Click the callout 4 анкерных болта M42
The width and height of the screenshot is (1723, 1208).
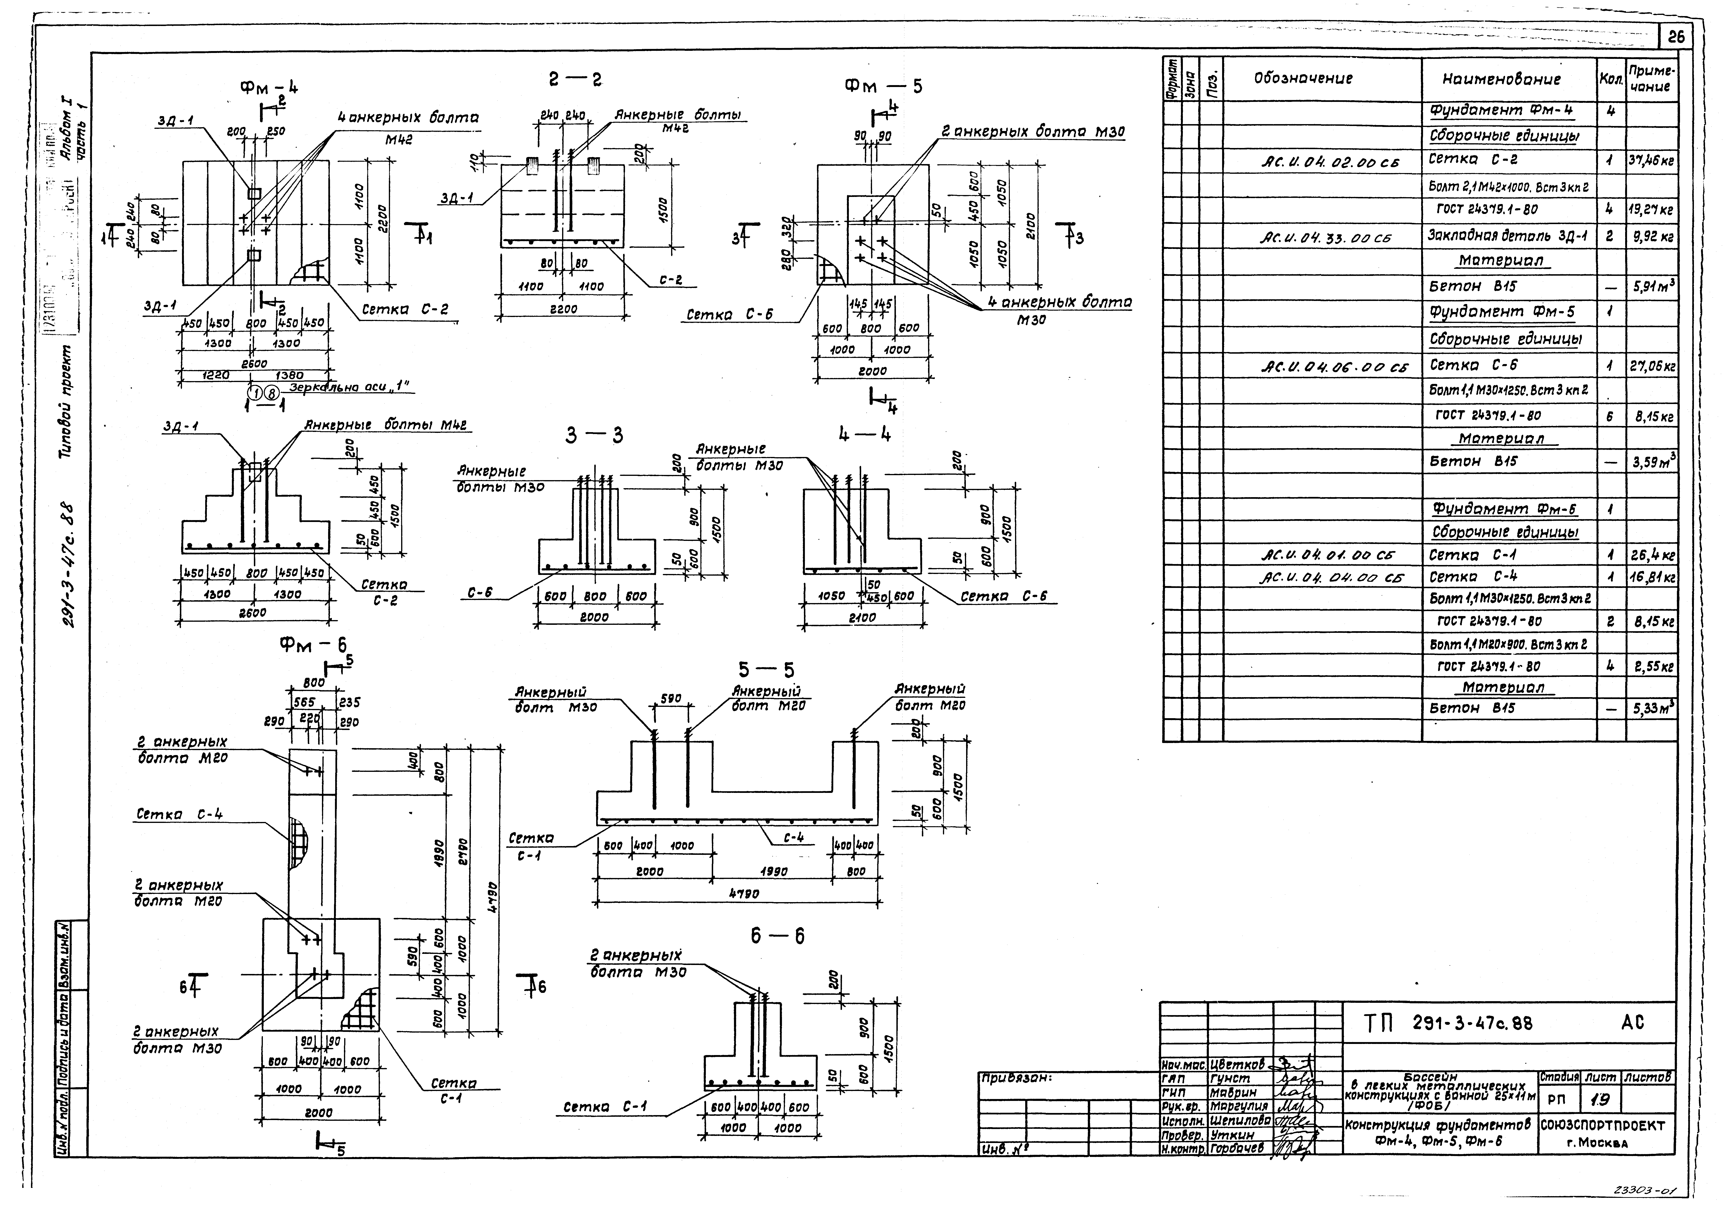tap(408, 118)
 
